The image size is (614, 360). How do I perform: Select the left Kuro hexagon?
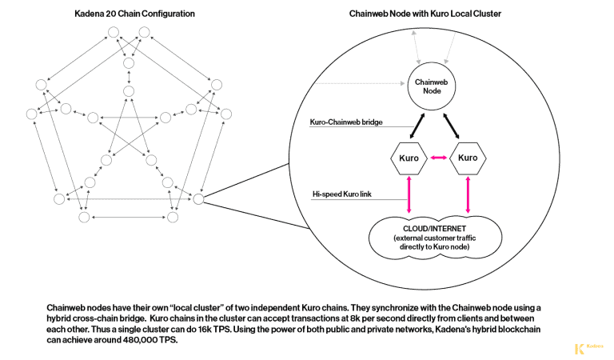pos(408,158)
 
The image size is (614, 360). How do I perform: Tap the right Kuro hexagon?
pos(468,158)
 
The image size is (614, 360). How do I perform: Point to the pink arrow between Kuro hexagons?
pos(438,158)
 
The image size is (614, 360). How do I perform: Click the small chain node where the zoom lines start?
pos(198,198)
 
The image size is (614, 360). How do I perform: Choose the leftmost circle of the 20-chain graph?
pos(32,114)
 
